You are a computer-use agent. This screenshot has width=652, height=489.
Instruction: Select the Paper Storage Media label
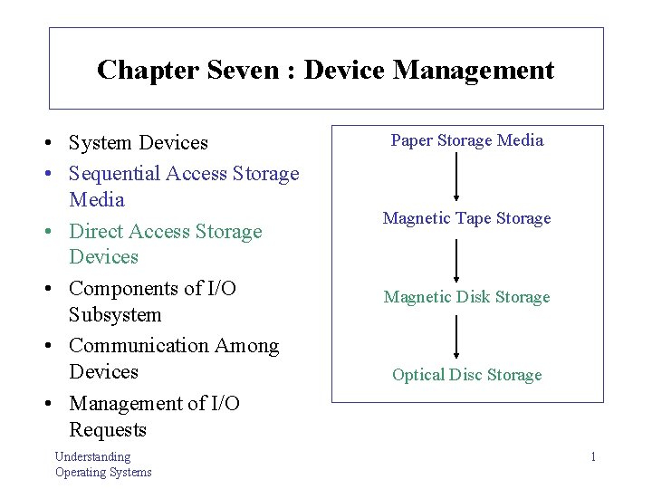click(467, 140)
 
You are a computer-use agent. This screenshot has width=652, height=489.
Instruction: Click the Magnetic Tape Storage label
click(467, 218)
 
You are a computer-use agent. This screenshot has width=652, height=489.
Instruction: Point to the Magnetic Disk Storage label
click(467, 297)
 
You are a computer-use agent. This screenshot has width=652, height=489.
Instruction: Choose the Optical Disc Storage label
click(467, 375)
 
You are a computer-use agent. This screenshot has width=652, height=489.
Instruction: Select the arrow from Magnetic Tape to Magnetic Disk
click(456, 258)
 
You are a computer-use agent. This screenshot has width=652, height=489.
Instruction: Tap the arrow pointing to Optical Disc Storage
click(456, 337)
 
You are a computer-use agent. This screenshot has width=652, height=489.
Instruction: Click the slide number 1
click(593, 457)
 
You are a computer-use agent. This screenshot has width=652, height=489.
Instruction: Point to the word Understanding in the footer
click(92, 457)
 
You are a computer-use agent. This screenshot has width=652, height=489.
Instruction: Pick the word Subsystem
click(115, 314)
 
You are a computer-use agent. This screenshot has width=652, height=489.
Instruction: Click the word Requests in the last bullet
click(108, 429)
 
